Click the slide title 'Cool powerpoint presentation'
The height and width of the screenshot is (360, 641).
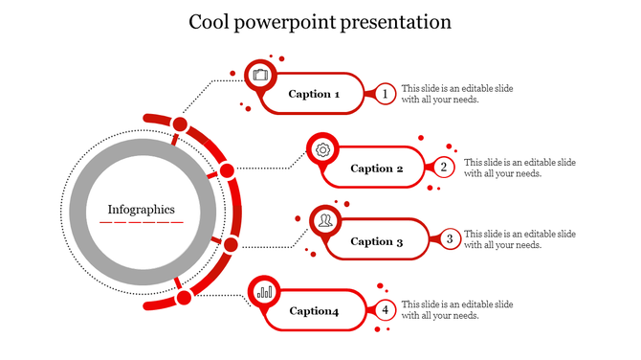click(x=320, y=21)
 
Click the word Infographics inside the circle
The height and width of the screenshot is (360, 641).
click(x=141, y=209)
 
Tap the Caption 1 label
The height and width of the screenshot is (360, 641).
click(x=314, y=94)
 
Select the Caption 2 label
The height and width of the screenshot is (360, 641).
click(x=378, y=169)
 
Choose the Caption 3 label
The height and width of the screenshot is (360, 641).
click(x=378, y=241)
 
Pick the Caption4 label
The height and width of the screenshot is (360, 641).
click(x=314, y=310)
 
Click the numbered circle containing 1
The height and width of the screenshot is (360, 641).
click(x=385, y=94)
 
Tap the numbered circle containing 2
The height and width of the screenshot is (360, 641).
click(x=443, y=168)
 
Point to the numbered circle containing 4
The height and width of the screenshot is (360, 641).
click(x=385, y=309)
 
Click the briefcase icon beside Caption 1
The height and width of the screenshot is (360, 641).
click(x=261, y=74)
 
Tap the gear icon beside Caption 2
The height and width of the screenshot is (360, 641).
click(x=323, y=149)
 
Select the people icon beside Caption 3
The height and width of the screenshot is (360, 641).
click(x=326, y=221)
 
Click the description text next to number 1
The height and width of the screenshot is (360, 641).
click(x=456, y=94)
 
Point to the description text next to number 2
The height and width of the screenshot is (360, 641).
click(x=519, y=168)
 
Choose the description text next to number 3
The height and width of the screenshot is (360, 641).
click(x=519, y=239)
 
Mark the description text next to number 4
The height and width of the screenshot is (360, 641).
click(x=456, y=309)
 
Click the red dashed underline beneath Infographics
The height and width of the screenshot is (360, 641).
click(x=141, y=223)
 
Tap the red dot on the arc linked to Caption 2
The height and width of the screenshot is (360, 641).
click(x=227, y=171)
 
